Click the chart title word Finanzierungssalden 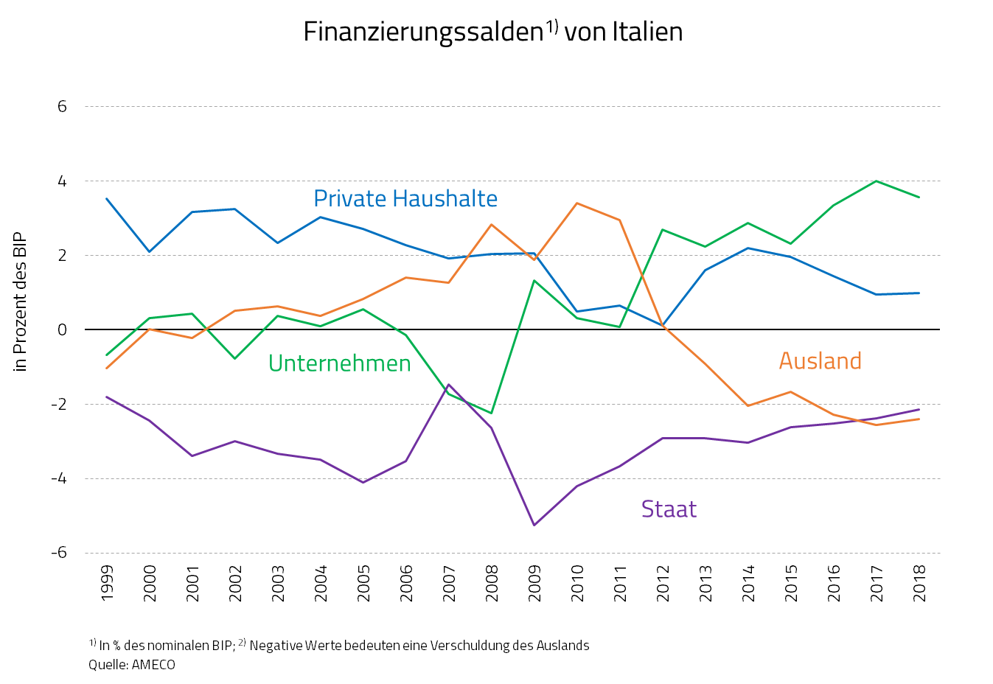coord(423,32)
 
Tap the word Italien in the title coord(647,32)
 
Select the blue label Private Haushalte coord(405,199)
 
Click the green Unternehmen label coord(339,363)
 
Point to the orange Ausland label coord(820,361)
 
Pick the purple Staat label coord(669,509)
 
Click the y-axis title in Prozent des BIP coord(20,302)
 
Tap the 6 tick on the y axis coord(62,107)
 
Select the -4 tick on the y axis coord(58,479)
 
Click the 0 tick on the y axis coord(62,330)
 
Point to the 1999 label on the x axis coord(107,583)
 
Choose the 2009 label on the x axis coord(534,583)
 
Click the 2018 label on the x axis coord(919,583)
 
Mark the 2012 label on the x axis coord(663,583)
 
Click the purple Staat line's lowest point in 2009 coord(534,525)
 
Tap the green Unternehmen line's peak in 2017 coord(876,181)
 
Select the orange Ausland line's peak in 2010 coord(576,203)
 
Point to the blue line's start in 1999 coord(107,198)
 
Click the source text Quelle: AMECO coord(132,665)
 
